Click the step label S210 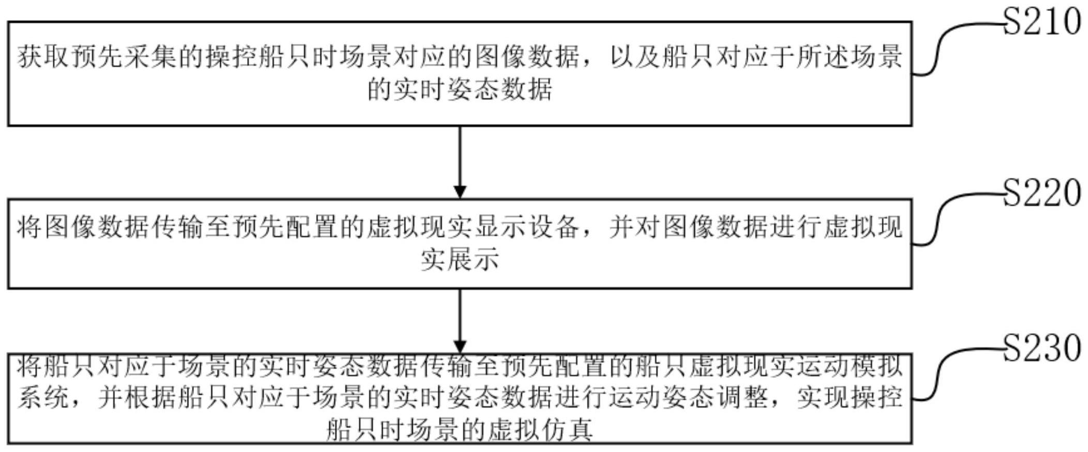(x=1042, y=22)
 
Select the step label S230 (x=1042, y=348)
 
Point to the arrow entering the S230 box (x=460, y=320)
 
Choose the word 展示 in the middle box (x=473, y=259)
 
